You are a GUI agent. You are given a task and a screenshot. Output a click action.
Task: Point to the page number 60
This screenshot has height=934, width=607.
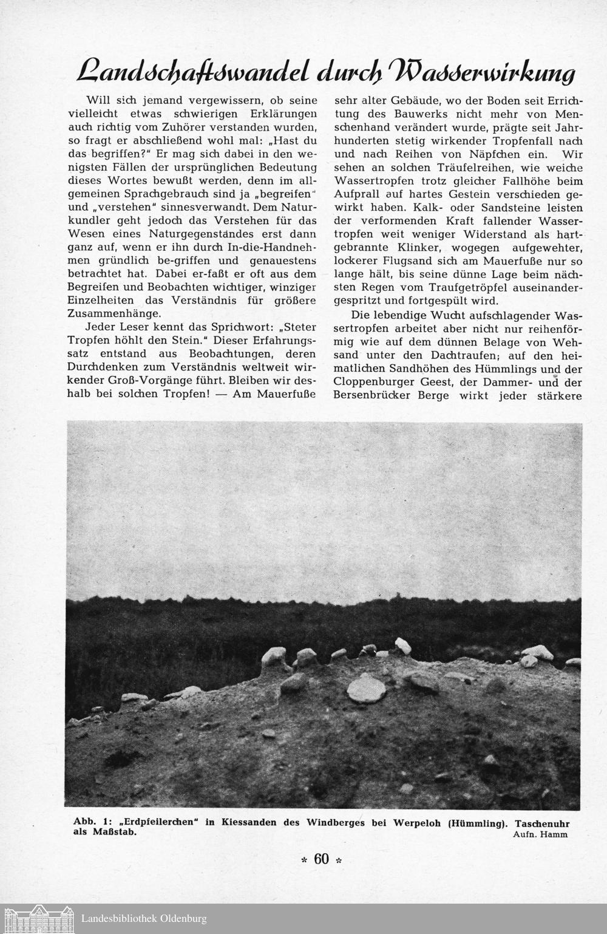click(x=322, y=859)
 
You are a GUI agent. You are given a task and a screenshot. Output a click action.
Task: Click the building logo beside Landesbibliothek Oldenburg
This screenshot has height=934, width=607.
click(x=38, y=918)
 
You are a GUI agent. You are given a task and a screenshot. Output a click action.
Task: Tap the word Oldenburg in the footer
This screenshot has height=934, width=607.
click(x=180, y=919)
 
